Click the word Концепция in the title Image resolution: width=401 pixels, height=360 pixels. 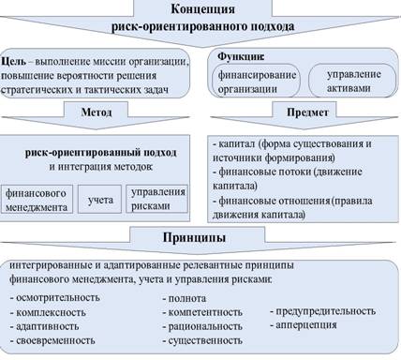point(203,8)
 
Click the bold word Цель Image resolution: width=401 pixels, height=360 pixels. point(14,61)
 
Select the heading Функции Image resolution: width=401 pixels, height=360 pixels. point(241,56)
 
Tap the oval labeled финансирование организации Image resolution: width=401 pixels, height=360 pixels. point(256,82)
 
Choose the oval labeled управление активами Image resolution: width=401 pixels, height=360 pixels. point(352,81)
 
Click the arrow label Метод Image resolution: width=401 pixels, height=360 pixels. point(97,112)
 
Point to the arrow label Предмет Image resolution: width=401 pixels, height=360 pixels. point(307,112)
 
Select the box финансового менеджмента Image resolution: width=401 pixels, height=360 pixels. point(37,199)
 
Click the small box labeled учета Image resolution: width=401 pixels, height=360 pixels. point(99,199)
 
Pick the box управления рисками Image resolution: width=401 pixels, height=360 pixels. point(157,199)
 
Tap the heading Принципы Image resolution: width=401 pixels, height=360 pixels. point(194,237)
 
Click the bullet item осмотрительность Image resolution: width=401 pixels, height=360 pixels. point(55,297)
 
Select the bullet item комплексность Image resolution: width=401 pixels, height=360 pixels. point(48,312)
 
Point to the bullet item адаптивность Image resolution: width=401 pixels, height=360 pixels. point(44,326)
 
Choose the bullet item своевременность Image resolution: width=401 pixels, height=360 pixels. point(52,340)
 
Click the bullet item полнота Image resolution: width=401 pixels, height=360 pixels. point(185,298)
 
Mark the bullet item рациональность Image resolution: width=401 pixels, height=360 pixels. point(202,326)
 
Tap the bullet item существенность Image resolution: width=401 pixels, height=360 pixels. point(202,340)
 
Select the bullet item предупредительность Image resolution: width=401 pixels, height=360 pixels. point(322,311)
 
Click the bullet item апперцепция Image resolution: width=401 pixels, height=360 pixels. point(304,325)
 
